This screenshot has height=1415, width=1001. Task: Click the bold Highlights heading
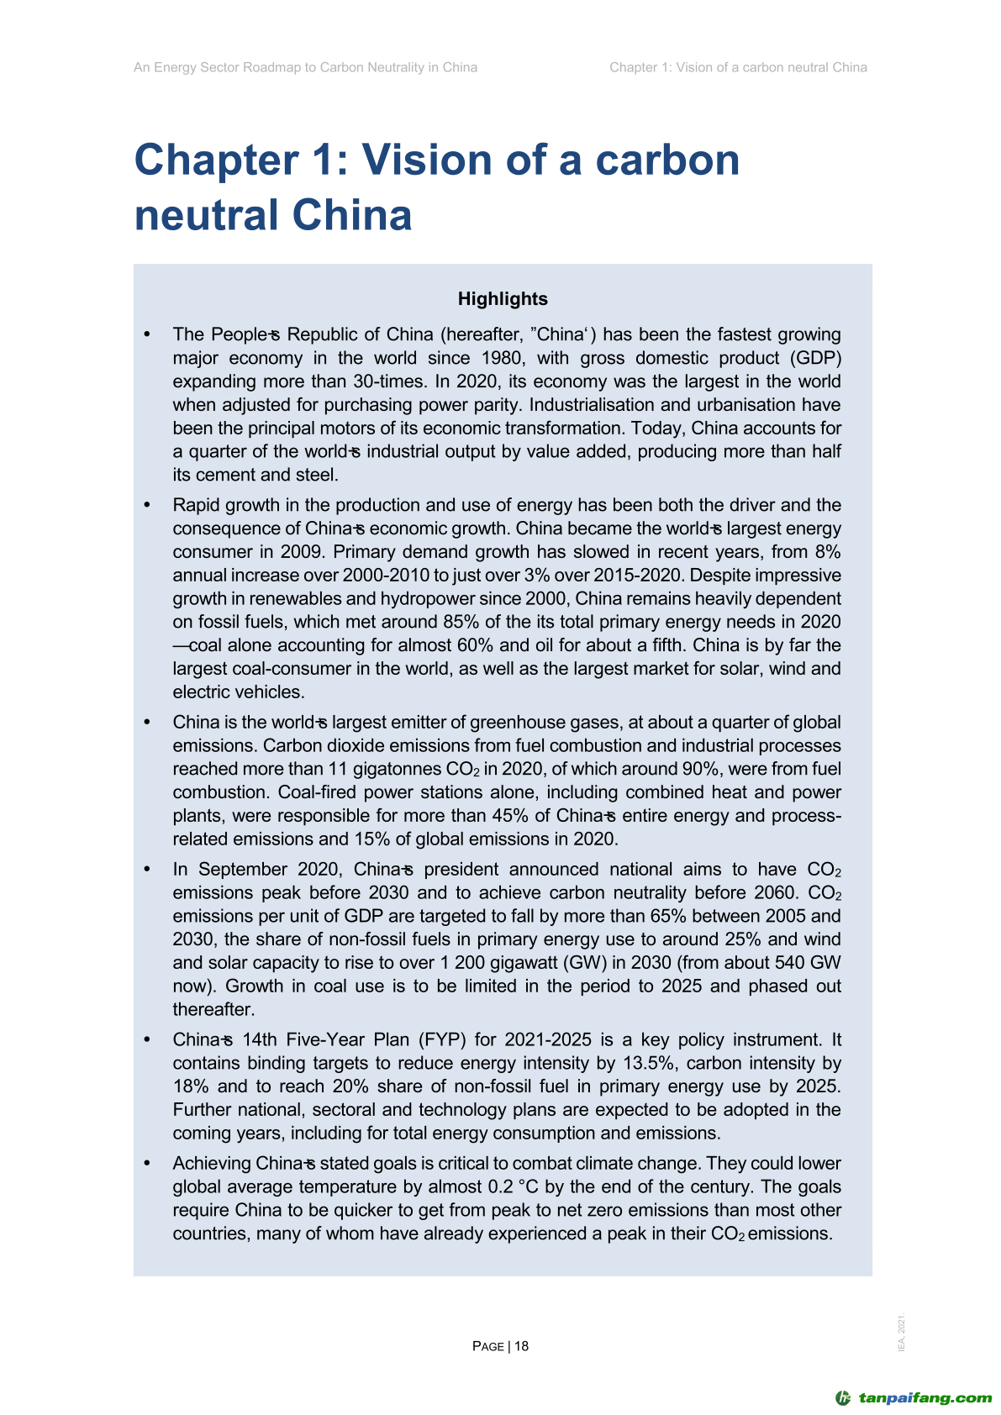(x=503, y=299)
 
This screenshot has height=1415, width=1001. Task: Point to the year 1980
(x=502, y=358)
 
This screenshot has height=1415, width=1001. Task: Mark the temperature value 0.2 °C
(x=514, y=1187)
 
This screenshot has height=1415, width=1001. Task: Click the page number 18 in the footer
(x=521, y=1346)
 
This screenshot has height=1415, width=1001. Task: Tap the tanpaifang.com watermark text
(x=925, y=1398)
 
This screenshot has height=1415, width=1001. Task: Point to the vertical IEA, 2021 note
(x=902, y=1333)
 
